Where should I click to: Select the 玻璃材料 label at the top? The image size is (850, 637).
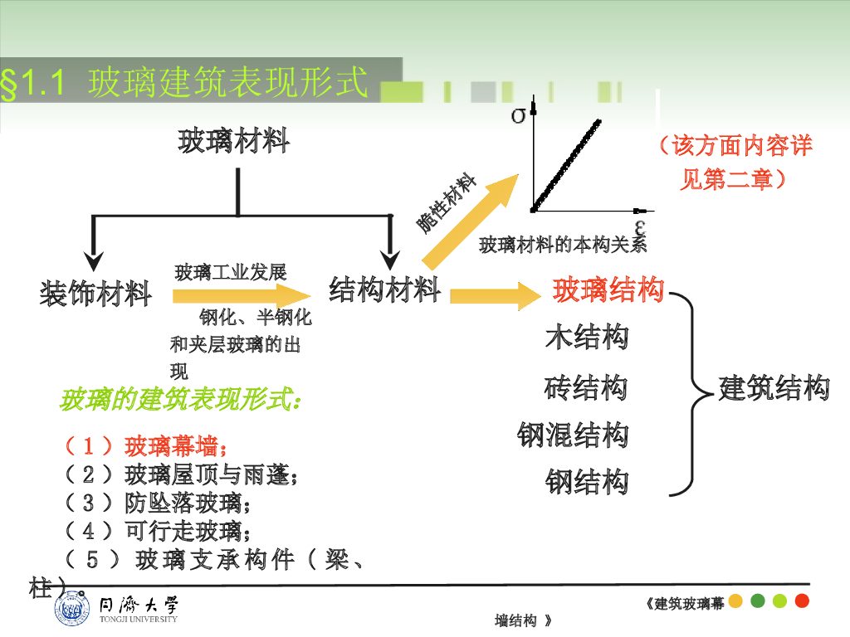coord(234,142)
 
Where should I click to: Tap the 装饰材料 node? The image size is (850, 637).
coord(95,293)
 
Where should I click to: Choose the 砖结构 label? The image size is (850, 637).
coord(586,387)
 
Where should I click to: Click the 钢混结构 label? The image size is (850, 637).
coord(573,434)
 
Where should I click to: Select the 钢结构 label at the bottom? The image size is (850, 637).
coord(587,481)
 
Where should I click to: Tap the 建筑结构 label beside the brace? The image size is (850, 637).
coord(774,387)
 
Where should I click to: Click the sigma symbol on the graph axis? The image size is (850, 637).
coord(518,114)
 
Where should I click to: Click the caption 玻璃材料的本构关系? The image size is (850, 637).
coord(562,245)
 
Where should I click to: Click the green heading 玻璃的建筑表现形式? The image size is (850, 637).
coord(179,401)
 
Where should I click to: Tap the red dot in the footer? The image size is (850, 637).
coord(802,601)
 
